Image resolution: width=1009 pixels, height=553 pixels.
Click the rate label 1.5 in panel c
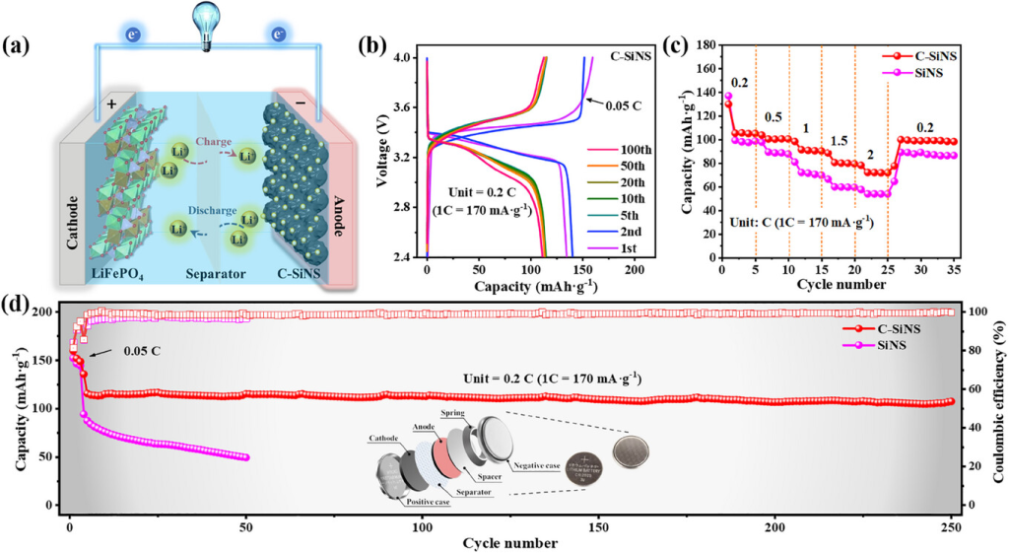coord(838,141)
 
